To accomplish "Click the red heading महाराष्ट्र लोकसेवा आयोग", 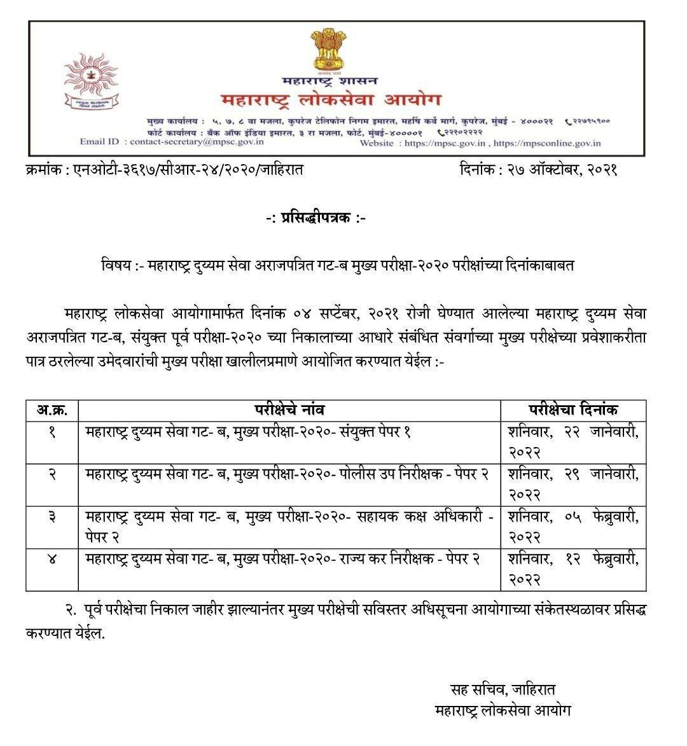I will click(x=330, y=100).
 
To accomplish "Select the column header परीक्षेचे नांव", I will click(x=289, y=410).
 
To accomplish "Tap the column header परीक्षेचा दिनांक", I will click(x=573, y=410).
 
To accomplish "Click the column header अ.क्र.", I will click(x=52, y=410).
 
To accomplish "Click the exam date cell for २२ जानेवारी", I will click(x=573, y=441).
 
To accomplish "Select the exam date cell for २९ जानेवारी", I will click(x=573, y=484).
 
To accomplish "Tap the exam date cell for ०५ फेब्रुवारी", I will click(x=573, y=527).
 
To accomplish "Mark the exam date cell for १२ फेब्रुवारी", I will click(x=573, y=570).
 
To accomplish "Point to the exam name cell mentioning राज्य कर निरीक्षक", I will click(x=284, y=560).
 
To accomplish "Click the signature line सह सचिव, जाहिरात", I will click(x=503, y=689).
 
